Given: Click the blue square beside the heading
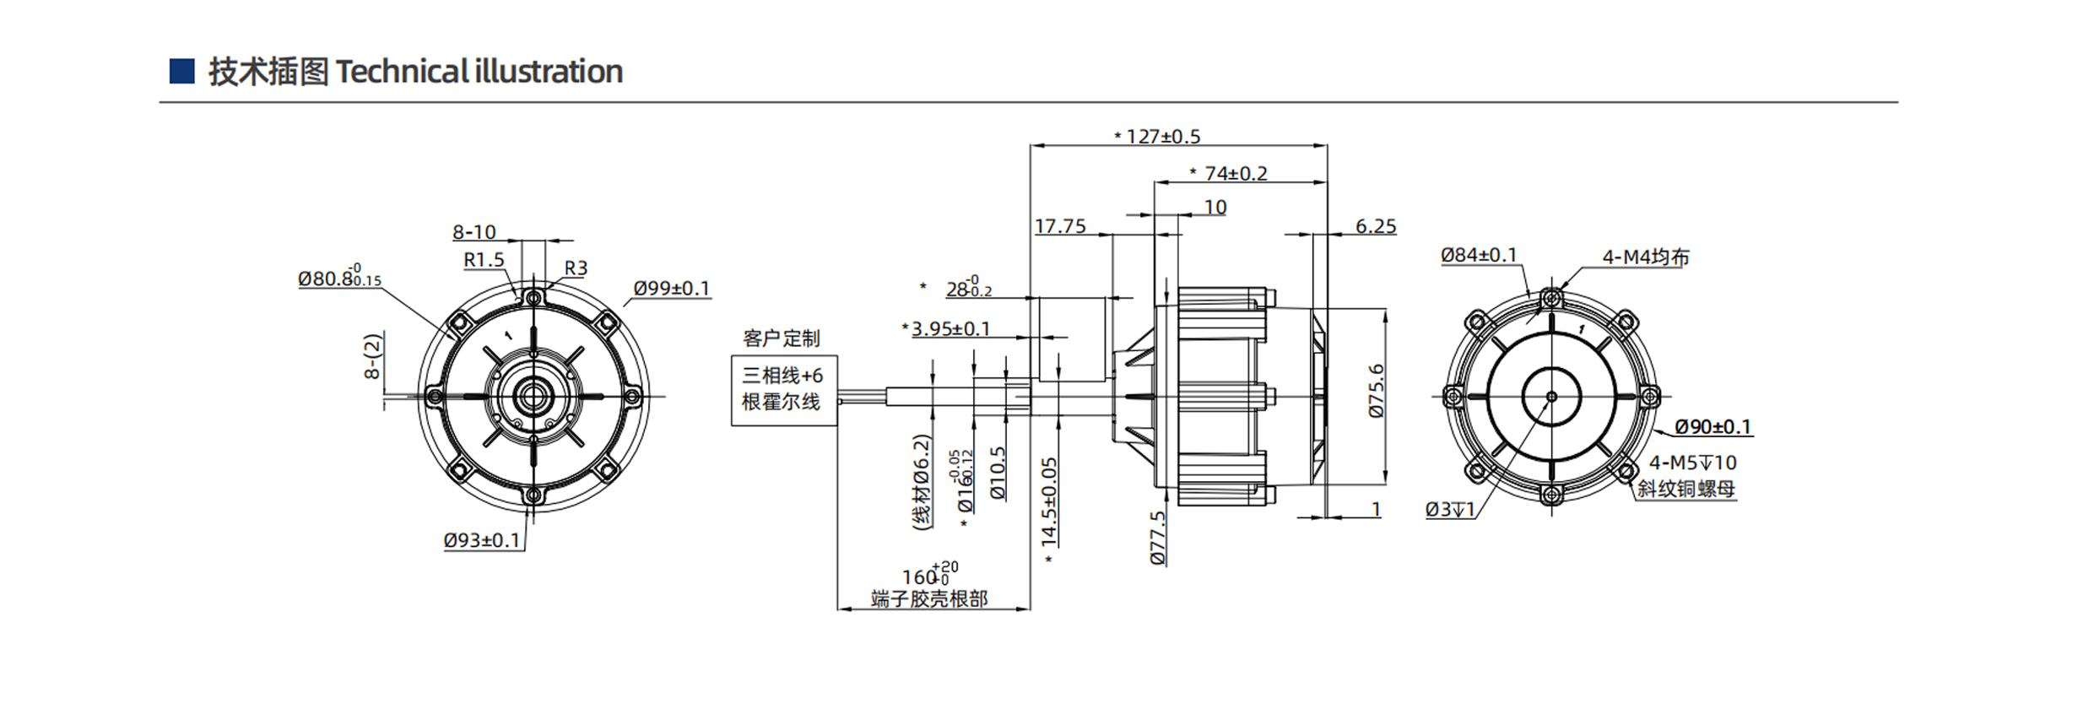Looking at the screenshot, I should (181, 71).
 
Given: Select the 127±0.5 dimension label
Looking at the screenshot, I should (1162, 136).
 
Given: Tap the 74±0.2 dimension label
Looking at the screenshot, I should (1235, 173).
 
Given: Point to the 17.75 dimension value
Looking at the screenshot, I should (1060, 226).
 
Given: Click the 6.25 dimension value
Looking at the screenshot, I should (1376, 226).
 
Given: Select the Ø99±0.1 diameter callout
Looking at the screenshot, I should (672, 288).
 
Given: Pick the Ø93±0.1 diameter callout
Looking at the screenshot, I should (482, 540).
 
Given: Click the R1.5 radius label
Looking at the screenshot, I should (484, 260).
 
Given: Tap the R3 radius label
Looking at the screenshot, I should (576, 268).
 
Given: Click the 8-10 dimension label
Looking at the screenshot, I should (474, 232).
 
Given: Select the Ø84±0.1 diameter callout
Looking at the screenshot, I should (1479, 255).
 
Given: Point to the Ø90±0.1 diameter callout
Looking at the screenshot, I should (1713, 427).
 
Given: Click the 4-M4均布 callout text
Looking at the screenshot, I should (1645, 257).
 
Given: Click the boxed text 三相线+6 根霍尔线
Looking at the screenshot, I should (782, 388).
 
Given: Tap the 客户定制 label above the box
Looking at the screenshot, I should (781, 338).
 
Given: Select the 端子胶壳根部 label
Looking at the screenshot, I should (928, 599).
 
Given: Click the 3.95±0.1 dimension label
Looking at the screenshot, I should (950, 328).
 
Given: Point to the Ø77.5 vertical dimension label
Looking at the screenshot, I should (1158, 538).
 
